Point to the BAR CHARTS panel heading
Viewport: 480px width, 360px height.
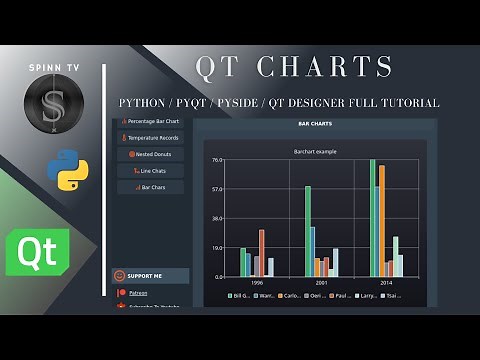click(x=315, y=124)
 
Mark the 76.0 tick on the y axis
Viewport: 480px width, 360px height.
click(x=217, y=160)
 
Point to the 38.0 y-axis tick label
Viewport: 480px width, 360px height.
click(x=217, y=218)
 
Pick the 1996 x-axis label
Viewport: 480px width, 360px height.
click(x=257, y=283)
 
